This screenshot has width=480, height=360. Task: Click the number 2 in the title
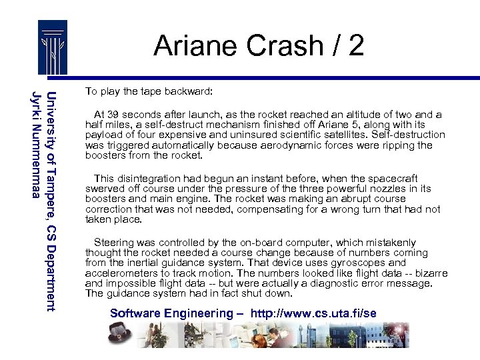click(x=355, y=46)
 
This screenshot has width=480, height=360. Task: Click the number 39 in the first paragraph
click(x=117, y=115)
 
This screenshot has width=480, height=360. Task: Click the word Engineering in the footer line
click(x=194, y=313)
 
